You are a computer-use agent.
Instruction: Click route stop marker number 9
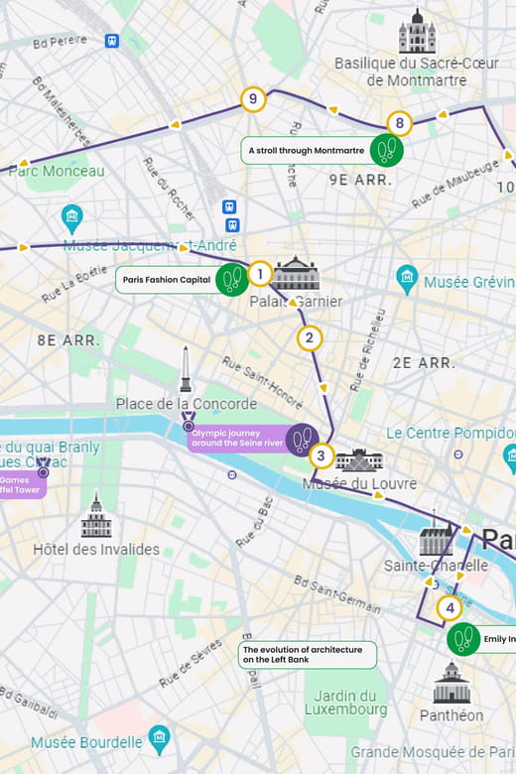254,99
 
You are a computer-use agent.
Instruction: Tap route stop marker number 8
399,124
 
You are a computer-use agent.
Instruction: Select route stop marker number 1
259,274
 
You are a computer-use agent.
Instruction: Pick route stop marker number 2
310,338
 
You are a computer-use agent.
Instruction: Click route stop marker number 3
321,456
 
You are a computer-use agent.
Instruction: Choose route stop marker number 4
450,607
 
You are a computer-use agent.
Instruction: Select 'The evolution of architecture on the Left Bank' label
309,655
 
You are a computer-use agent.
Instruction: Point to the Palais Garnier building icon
297,273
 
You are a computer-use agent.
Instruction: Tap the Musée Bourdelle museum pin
159,739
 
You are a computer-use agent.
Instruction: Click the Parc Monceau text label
57,171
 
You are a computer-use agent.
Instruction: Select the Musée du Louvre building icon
359,460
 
